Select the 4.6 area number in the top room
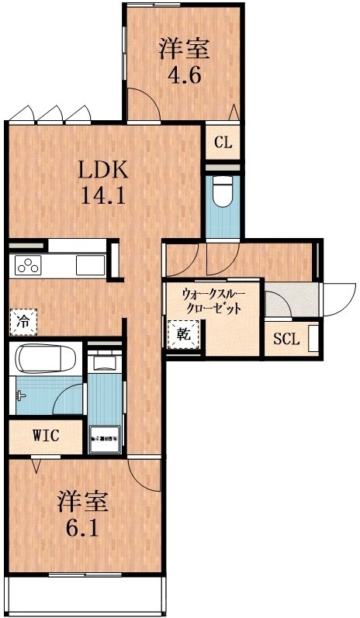(x=185, y=77)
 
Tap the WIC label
(x=46, y=434)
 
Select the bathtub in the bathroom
(x=45, y=360)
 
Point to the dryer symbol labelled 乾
(x=182, y=336)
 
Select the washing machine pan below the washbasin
(x=104, y=437)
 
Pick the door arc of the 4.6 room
(x=144, y=102)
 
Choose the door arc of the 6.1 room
(x=146, y=473)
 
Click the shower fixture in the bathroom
(x=19, y=395)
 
